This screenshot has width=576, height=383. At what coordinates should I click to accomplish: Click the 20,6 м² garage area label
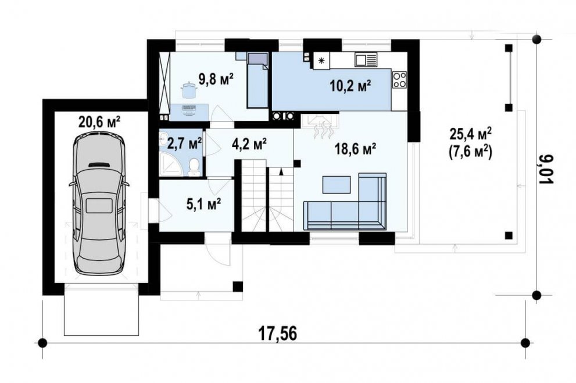click(99, 121)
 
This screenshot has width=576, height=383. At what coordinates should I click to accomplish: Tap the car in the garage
click(99, 205)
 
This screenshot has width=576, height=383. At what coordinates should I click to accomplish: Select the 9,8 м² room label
click(216, 78)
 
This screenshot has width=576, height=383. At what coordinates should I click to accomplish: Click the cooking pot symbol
click(188, 90)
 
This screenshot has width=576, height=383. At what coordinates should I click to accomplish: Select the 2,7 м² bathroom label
click(184, 143)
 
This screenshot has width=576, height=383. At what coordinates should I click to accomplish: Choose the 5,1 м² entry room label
click(204, 204)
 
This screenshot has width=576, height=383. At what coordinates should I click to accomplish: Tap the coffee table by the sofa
click(337, 184)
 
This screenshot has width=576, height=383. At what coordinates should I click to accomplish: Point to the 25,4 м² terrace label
click(471, 134)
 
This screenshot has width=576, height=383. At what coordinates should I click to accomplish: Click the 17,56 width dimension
click(277, 335)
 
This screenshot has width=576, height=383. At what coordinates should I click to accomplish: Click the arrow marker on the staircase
click(281, 172)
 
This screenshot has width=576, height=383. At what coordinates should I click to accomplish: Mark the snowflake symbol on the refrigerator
click(321, 60)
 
